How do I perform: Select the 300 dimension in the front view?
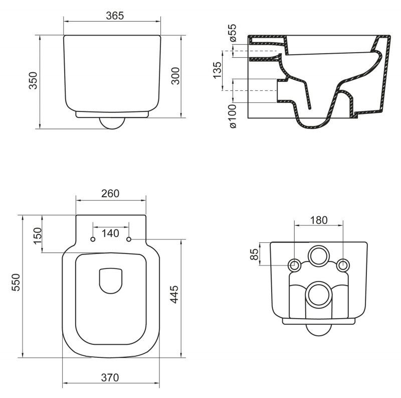[x=175, y=76]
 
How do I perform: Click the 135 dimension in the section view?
[x=217, y=71]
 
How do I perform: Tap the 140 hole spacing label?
[x=110, y=233]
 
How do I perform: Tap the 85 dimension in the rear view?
[x=255, y=255]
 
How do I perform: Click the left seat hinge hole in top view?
[x=93, y=240]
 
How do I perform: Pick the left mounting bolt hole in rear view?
[x=295, y=264]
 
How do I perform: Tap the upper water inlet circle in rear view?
[x=319, y=256]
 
